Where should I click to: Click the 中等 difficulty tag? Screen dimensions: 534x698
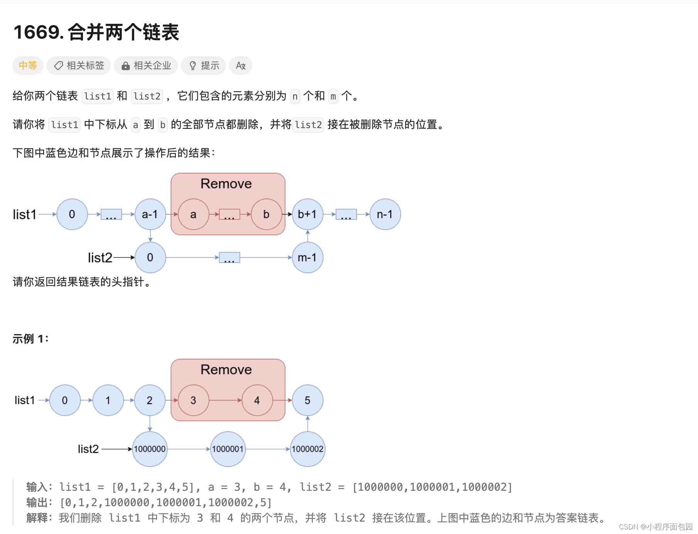point(28,66)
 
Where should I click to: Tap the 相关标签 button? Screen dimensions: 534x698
point(79,66)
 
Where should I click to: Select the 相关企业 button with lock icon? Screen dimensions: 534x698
point(146,66)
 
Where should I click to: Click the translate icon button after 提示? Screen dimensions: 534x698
point(241,66)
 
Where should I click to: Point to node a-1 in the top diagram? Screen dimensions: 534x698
point(150,215)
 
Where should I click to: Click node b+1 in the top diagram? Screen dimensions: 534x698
point(307,215)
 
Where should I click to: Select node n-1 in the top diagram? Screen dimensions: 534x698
point(385,215)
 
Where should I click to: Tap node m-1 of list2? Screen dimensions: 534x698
point(307,257)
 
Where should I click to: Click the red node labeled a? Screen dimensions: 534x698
point(193,215)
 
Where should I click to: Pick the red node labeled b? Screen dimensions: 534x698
point(266,215)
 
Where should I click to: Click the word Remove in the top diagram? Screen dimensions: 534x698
point(226,184)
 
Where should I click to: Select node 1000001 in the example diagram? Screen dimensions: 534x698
point(228,449)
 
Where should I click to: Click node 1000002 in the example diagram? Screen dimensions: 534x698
point(307,449)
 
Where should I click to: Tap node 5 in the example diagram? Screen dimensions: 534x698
point(307,400)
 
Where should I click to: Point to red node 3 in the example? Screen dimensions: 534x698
point(193,400)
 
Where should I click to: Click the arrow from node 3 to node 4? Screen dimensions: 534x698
point(225,400)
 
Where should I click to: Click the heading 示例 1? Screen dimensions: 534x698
point(30,339)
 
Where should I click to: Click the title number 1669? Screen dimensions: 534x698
point(38,32)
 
